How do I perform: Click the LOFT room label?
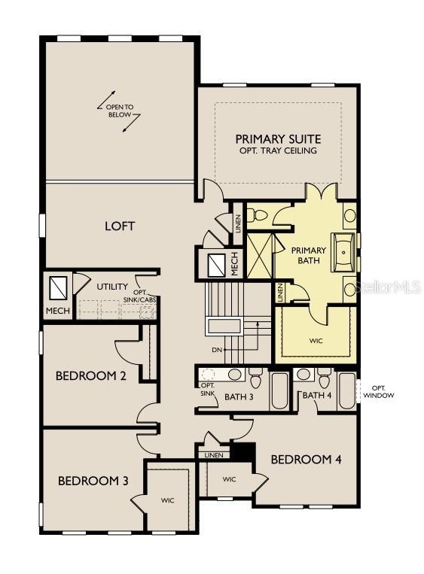[120, 226]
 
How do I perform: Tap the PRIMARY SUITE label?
[278, 139]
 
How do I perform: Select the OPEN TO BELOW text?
[120, 111]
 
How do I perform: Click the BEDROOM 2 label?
[91, 376]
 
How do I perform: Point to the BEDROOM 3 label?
[93, 481]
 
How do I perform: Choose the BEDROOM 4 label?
[306, 460]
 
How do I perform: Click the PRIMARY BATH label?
[308, 256]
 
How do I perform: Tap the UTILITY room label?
[112, 287]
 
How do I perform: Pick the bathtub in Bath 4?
[346, 391]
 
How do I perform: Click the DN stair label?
[217, 350]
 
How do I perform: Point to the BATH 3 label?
[239, 396]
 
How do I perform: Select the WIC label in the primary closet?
[316, 341]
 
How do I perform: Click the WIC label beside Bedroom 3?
[167, 500]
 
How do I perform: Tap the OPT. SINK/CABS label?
[145, 296]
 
